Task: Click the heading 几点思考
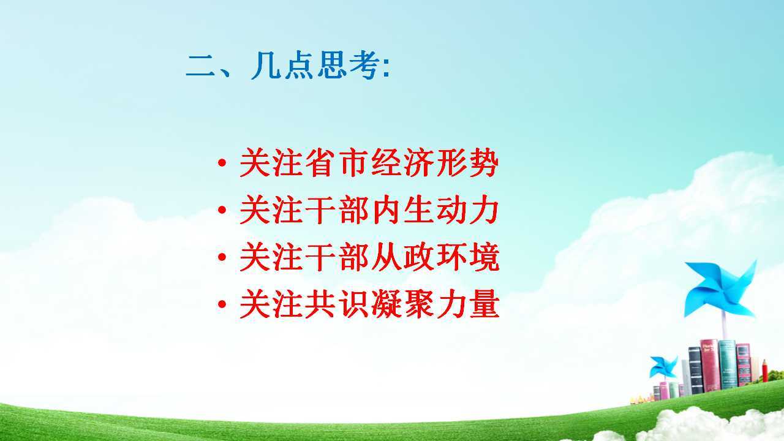315,65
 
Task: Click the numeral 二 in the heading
200,66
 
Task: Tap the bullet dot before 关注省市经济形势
222,163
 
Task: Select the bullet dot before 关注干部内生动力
222,210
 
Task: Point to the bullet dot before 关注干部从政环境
222,257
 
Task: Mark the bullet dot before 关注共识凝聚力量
222,304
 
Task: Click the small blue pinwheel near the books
663,367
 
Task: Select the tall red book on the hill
709,365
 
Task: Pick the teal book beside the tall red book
728,364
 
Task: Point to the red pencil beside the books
765,371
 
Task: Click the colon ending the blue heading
386,68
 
